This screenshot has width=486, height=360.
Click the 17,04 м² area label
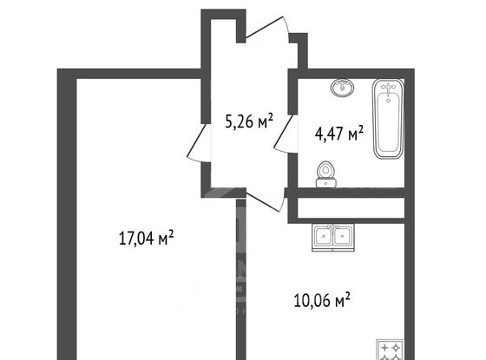146,239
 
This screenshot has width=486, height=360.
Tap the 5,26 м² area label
249,121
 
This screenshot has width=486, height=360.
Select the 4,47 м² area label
338,134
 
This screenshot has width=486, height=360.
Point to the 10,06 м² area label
322,299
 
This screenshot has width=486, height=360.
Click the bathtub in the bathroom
389,119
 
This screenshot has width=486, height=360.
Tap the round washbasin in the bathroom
343,88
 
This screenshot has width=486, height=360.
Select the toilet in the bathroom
325,174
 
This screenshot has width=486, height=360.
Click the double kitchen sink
333,237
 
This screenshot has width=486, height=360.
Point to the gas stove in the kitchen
391,350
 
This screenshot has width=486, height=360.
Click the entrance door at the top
268,29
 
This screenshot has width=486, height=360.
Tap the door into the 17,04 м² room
199,142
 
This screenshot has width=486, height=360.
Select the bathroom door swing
286,134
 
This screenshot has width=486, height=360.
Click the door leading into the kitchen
266,200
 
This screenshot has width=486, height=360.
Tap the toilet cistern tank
325,183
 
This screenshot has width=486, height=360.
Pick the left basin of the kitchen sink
323,236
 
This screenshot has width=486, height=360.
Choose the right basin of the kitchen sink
343,236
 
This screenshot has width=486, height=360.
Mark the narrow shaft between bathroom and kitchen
351,207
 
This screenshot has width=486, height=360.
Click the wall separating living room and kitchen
241,279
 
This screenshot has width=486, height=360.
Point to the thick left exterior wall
67,214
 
